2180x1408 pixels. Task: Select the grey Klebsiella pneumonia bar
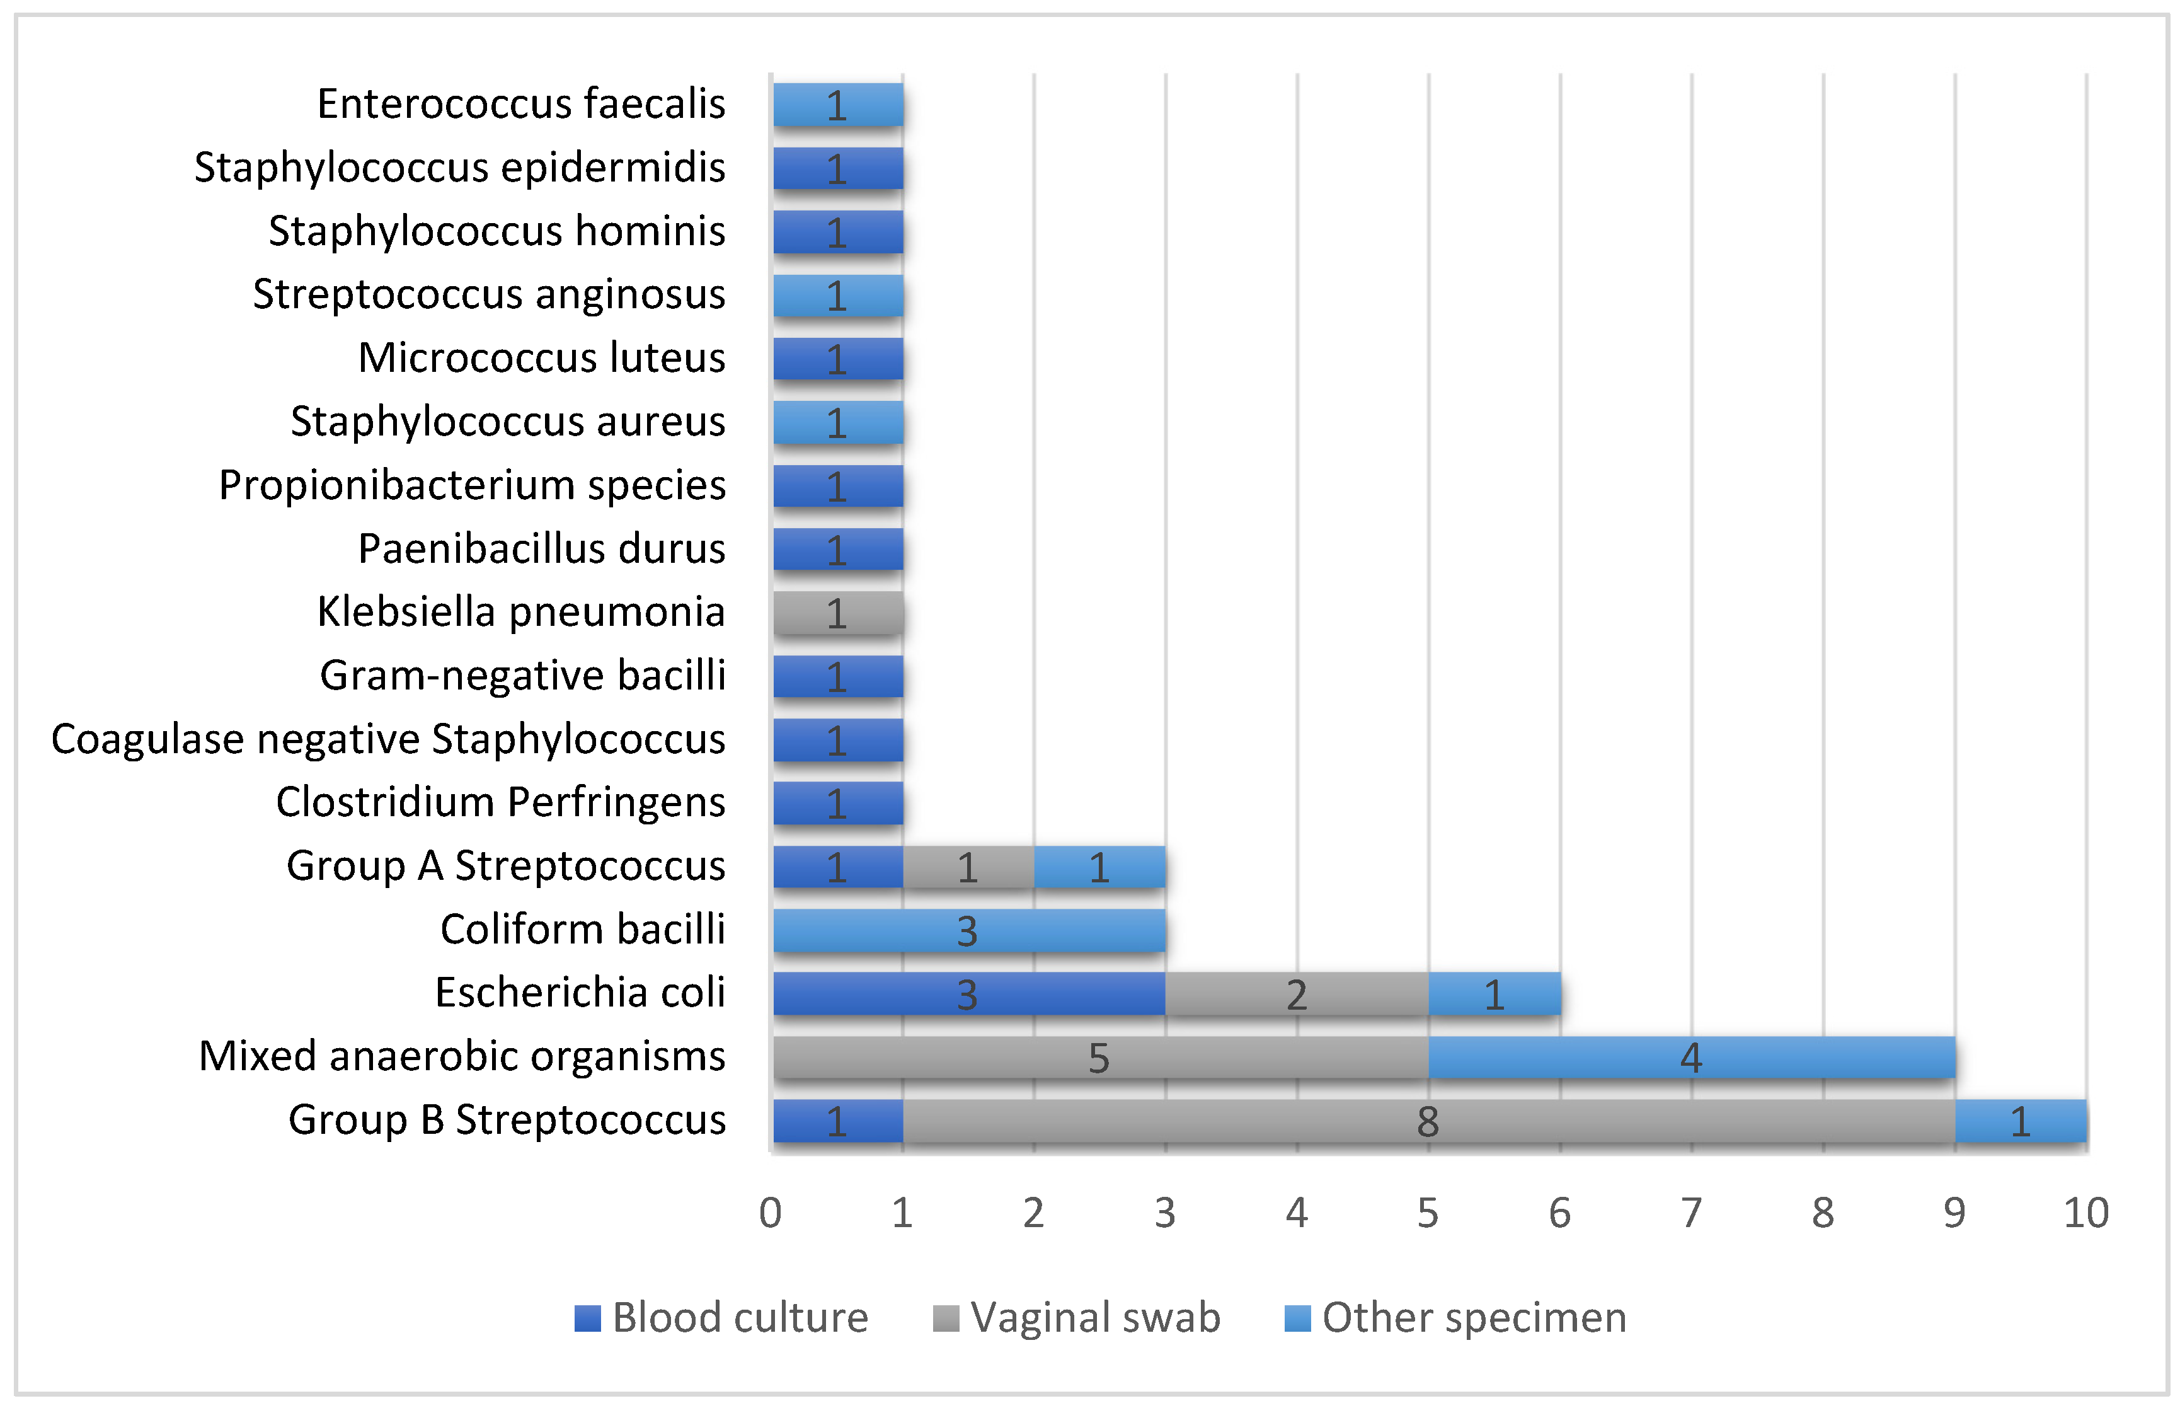coord(838,613)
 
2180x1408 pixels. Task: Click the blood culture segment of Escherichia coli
coord(969,994)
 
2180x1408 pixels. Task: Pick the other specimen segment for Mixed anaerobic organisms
coord(1692,1058)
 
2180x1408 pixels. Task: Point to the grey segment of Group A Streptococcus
coord(969,867)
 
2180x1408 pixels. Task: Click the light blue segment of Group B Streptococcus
coord(2021,1121)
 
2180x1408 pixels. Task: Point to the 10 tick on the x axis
coord(2087,1213)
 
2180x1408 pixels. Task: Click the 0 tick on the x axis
coord(771,1213)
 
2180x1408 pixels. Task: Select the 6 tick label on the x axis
coord(1560,1213)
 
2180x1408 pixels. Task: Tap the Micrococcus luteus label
coord(542,357)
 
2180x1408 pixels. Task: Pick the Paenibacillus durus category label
coord(542,548)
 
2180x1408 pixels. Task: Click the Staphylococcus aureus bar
coord(838,422)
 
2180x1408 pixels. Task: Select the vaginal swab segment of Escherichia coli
coord(1298,994)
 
